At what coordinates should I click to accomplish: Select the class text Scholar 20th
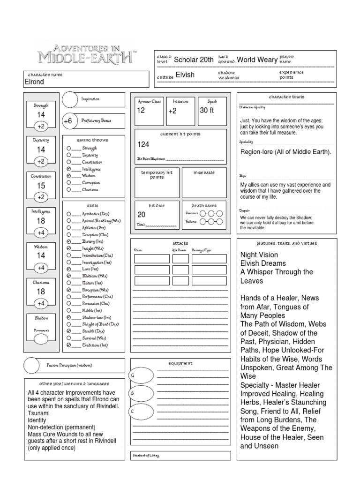tap(194, 60)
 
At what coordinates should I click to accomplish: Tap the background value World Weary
tap(257, 60)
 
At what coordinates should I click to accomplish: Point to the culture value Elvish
tap(185, 75)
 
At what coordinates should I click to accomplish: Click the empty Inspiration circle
tap(70, 99)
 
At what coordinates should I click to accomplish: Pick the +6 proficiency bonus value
tap(67, 120)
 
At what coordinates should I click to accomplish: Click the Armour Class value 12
tap(141, 111)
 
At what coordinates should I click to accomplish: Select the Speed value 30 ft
tap(207, 111)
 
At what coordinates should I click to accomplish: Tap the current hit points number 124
tap(143, 144)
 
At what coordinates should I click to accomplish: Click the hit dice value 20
tap(141, 215)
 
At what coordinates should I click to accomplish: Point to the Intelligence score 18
tap(41, 221)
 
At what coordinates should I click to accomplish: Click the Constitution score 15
tap(41, 186)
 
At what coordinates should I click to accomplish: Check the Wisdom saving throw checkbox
tap(69, 176)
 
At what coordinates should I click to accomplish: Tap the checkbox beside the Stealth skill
tap(69, 331)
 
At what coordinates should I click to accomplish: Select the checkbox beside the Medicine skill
tap(69, 277)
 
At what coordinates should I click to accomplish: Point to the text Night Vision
tap(259, 255)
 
